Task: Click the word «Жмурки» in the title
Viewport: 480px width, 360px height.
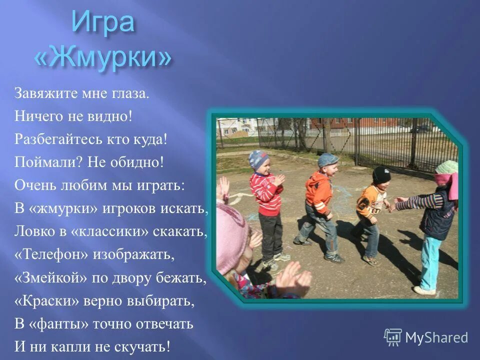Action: coord(102,58)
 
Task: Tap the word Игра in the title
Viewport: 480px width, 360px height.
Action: coord(102,22)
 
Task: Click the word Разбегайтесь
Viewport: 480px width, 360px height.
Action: coord(50,139)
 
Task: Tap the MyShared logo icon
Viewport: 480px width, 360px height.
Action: coord(393,337)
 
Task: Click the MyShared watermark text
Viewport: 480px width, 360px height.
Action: coord(437,337)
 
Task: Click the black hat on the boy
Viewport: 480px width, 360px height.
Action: coord(381,174)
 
